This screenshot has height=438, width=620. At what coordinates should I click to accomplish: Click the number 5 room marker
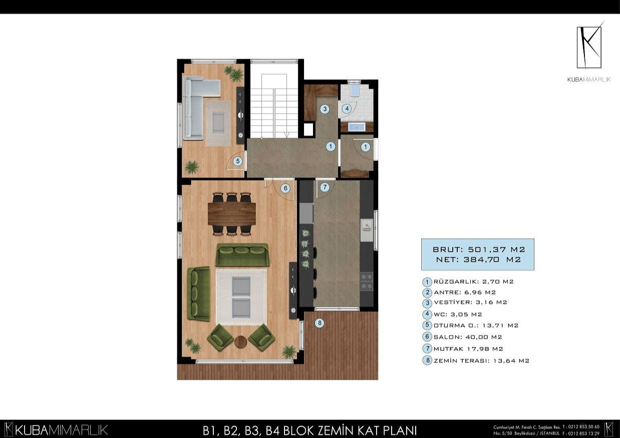pyautogui.click(x=238, y=161)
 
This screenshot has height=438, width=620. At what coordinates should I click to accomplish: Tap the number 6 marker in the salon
pyautogui.click(x=285, y=188)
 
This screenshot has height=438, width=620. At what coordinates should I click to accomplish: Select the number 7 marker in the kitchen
pyautogui.click(x=325, y=187)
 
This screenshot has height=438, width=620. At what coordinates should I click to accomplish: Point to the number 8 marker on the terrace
pyautogui.click(x=320, y=323)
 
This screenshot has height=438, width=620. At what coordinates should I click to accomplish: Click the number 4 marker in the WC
pyautogui.click(x=347, y=109)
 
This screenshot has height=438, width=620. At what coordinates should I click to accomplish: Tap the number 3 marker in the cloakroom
pyautogui.click(x=325, y=109)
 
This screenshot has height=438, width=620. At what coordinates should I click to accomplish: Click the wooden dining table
pyautogui.click(x=232, y=214)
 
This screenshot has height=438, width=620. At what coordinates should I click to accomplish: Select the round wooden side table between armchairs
pyautogui.click(x=240, y=342)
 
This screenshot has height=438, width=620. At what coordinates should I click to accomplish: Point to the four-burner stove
pyautogui.click(x=367, y=281)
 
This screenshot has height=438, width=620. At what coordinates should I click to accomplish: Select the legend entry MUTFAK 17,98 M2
pyautogui.click(x=463, y=348)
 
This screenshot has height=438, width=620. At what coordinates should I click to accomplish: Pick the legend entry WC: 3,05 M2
pyautogui.click(x=452, y=314)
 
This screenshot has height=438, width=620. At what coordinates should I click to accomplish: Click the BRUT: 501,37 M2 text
pyautogui.click(x=479, y=250)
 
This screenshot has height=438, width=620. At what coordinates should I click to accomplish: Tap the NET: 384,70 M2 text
pyautogui.click(x=478, y=259)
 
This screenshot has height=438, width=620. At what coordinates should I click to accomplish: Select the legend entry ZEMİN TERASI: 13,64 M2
pyautogui.click(x=476, y=360)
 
